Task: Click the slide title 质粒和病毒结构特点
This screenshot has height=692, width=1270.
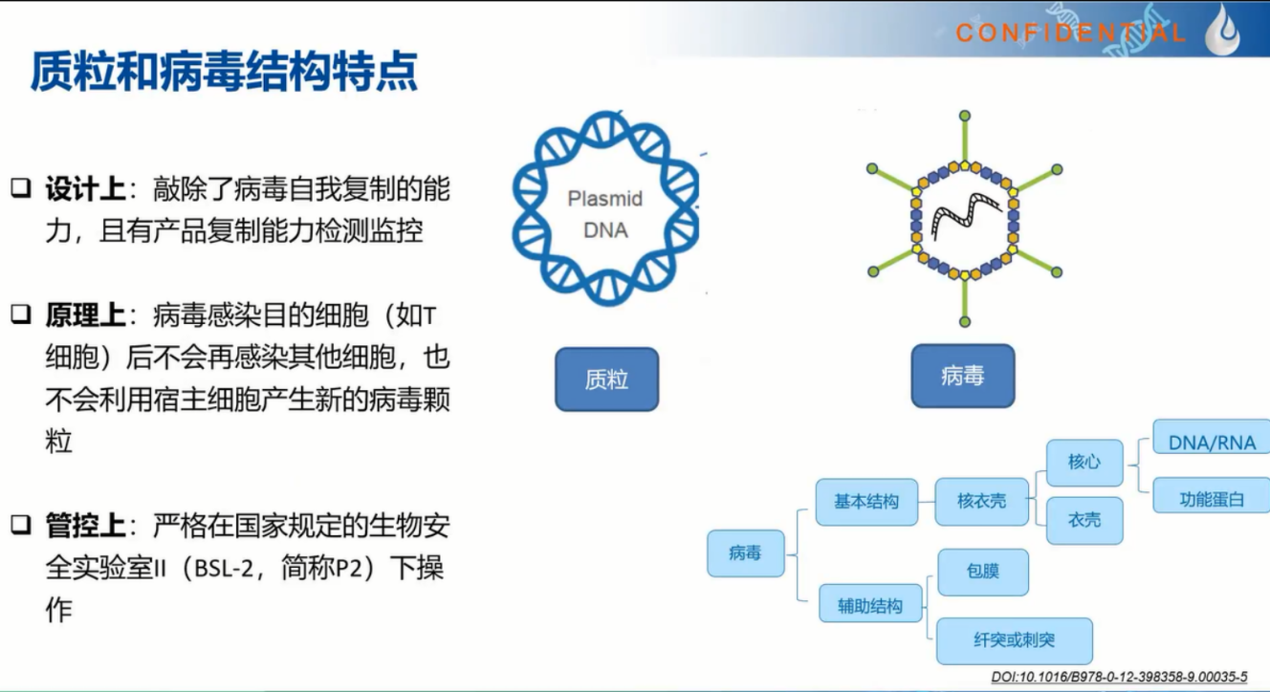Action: point(225,72)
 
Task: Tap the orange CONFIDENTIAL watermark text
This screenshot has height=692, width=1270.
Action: point(1070,32)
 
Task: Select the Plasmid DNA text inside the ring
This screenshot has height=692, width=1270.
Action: point(605,214)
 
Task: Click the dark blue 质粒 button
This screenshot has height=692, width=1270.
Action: point(606,379)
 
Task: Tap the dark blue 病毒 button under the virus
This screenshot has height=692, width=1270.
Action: point(963,376)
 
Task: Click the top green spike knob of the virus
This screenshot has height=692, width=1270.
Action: point(964,117)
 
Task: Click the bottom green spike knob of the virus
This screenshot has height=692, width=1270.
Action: point(964,322)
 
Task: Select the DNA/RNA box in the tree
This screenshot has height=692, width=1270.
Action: point(1212,443)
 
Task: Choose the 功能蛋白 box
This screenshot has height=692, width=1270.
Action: point(1212,499)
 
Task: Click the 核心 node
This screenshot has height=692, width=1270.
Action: point(1084,462)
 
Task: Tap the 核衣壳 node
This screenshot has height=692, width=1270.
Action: point(981,501)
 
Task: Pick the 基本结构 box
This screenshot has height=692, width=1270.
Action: point(866,502)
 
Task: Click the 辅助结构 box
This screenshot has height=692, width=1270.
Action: point(870,606)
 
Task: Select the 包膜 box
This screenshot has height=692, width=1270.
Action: point(983,572)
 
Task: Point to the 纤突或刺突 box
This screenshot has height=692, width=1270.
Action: point(1015,640)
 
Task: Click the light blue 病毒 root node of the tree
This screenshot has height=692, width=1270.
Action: point(746,553)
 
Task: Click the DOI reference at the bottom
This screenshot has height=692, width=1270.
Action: point(1119,677)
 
